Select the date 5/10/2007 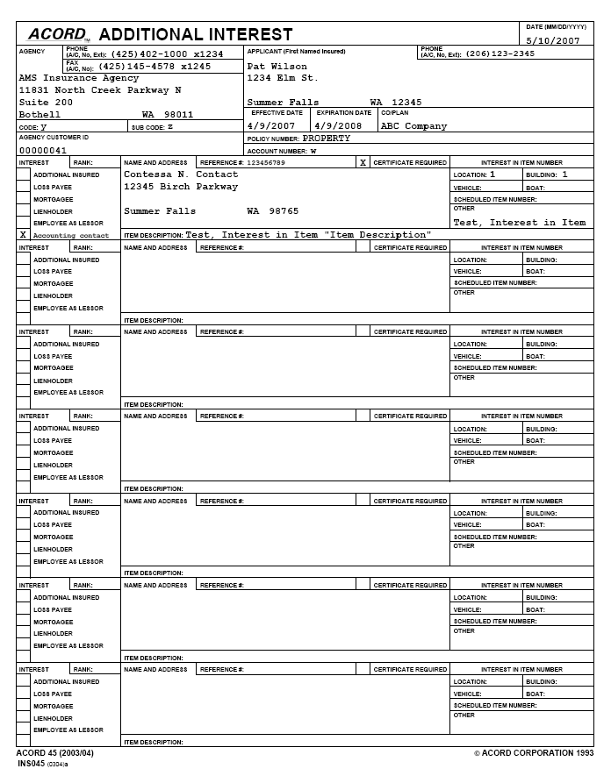click(x=553, y=40)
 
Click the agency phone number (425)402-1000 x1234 click(x=167, y=54)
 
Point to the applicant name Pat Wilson click(x=277, y=67)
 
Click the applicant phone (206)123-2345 click(x=500, y=54)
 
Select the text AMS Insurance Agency click(x=79, y=78)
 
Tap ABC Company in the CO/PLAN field click(x=413, y=126)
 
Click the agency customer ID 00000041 click(x=43, y=150)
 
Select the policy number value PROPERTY click(x=327, y=139)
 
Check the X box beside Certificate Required click(x=363, y=163)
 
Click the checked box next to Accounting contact click(x=23, y=235)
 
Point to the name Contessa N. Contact click(x=181, y=174)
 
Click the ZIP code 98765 click(x=284, y=211)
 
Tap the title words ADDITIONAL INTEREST click(x=196, y=35)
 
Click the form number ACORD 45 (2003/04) click(x=54, y=753)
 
